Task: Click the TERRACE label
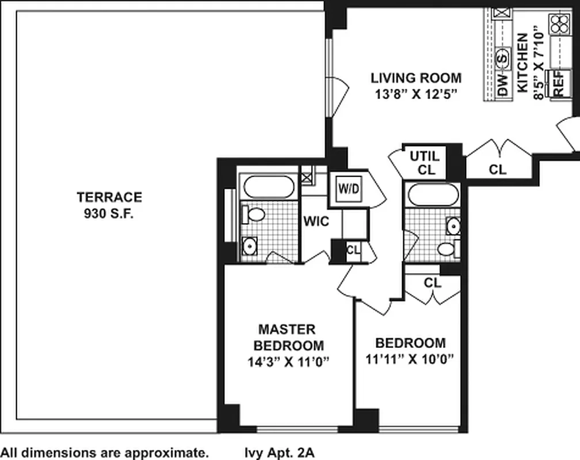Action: tap(109, 197)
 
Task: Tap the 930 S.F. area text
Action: tap(109, 214)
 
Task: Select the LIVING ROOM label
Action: tap(416, 78)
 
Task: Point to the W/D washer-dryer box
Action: tap(349, 189)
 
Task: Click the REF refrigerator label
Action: tap(559, 83)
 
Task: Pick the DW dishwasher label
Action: tap(502, 85)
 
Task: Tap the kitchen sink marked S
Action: tap(502, 59)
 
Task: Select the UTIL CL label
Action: tap(425, 163)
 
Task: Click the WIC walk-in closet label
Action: tap(316, 221)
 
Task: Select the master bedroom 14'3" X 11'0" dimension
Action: tap(288, 362)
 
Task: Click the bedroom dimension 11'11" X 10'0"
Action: tap(410, 359)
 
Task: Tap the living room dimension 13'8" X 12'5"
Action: tap(416, 95)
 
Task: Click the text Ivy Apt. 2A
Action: tap(280, 452)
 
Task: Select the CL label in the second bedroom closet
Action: tap(433, 283)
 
